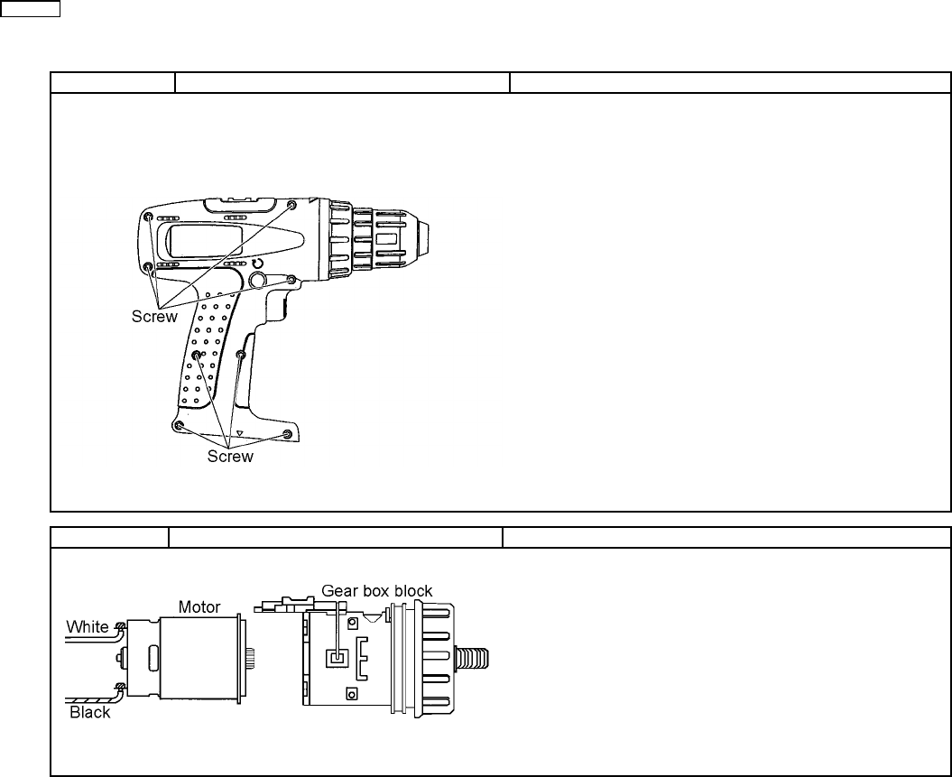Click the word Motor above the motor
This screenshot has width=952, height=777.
click(x=199, y=607)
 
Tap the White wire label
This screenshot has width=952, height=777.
click(x=88, y=626)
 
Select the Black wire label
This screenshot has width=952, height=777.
click(x=90, y=712)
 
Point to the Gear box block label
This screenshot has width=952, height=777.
click(x=376, y=590)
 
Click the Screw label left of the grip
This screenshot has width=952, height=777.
click(x=154, y=316)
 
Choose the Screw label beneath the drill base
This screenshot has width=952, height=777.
click(x=230, y=457)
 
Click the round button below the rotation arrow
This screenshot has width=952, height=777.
click(x=257, y=280)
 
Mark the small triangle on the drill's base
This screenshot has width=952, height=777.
click(x=240, y=433)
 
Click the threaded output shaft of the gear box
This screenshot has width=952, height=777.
click(x=472, y=658)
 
